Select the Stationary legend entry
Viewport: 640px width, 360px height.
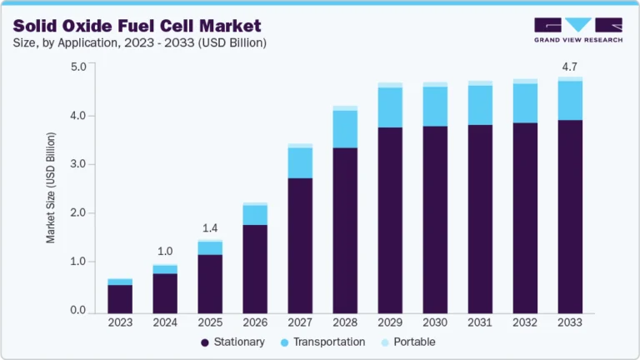[x=232, y=342]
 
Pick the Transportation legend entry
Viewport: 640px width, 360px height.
[x=325, y=342]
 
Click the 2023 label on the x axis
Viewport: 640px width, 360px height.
[x=120, y=322]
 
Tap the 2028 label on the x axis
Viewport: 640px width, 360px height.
[x=345, y=322]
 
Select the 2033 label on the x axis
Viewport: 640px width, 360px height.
[x=570, y=322]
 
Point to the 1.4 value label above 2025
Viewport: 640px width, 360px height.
[x=210, y=227]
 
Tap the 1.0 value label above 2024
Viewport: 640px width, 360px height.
[x=165, y=251]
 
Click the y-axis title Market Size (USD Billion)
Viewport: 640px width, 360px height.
[x=51, y=188]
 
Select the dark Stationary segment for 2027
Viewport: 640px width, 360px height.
[x=300, y=246]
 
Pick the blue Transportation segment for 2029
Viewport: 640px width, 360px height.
[x=390, y=107]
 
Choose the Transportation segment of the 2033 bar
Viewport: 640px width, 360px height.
[x=570, y=100]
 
